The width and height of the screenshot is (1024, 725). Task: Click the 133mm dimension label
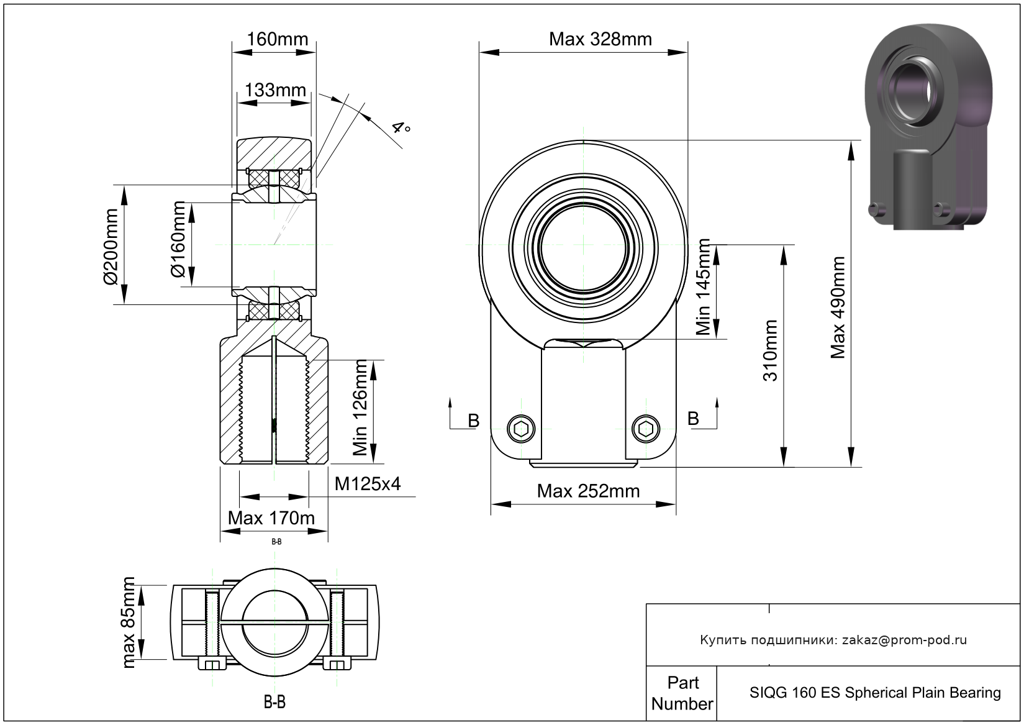(275, 90)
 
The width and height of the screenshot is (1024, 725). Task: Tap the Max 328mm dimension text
(600, 39)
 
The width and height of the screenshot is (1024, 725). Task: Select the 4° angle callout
(401, 127)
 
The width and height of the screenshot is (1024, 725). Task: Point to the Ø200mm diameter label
(111, 247)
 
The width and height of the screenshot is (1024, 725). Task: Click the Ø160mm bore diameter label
(178, 239)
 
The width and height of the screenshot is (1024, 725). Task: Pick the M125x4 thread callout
(368, 483)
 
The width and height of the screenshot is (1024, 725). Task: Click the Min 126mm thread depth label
(360, 408)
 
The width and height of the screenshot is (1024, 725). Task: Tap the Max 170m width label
(271, 518)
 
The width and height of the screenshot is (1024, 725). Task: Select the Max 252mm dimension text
(588, 491)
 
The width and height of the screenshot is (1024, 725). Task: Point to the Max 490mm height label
(838, 308)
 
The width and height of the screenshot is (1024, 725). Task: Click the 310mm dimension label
(770, 351)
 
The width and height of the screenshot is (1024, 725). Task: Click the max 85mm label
(129, 622)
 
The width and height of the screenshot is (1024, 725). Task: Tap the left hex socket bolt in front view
(521, 429)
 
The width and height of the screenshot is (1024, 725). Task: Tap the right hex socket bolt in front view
(645, 429)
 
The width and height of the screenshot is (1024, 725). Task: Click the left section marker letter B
(474, 421)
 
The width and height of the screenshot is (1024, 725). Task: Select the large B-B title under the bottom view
(274, 701)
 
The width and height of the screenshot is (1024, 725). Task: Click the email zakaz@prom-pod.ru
(904, 640)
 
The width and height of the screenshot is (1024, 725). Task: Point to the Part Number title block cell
(682, 693)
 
